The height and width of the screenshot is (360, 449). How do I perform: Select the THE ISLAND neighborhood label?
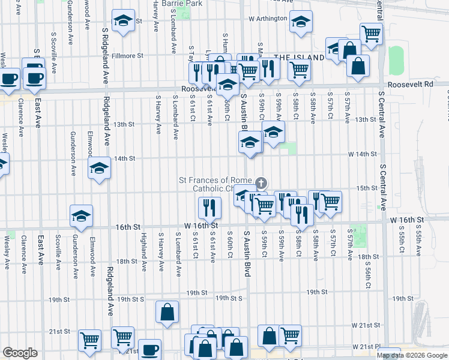[x=299, y=57]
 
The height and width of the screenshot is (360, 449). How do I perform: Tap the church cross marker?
[x=261, y=182]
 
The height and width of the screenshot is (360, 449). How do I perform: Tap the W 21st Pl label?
[x=367, y=347]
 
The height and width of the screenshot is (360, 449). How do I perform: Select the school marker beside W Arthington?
[x=300, y=22]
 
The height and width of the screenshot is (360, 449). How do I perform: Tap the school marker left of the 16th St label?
[x=81, y=217]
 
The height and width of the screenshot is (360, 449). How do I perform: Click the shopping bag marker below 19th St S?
[x=167, y=312]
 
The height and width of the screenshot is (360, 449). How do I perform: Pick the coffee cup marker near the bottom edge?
[x=149, y=349]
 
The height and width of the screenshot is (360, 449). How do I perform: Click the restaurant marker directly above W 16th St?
[x=209, y=208]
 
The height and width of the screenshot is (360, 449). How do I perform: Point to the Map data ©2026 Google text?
[x=412, y=355]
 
